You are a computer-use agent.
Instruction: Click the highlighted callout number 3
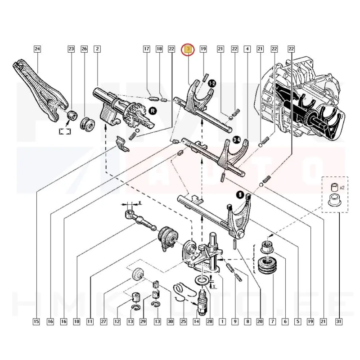point(187,49)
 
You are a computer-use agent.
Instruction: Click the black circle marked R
point(153,110)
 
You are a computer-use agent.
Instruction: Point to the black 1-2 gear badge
point(212,83)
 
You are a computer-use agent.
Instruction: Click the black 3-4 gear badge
point(235,140)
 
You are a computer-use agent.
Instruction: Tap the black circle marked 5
point(240,194)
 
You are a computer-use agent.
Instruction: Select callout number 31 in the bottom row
point(338,321)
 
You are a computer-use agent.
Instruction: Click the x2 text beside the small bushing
point(342,187)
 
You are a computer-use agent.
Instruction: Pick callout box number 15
point(36,321)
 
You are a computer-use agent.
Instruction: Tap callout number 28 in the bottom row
point(209,321)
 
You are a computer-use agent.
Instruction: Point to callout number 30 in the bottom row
point(170,321)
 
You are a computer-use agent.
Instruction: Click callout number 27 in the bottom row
point(103,321)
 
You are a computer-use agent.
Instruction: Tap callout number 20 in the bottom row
point(260,321)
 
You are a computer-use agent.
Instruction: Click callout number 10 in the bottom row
point(76,321)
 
